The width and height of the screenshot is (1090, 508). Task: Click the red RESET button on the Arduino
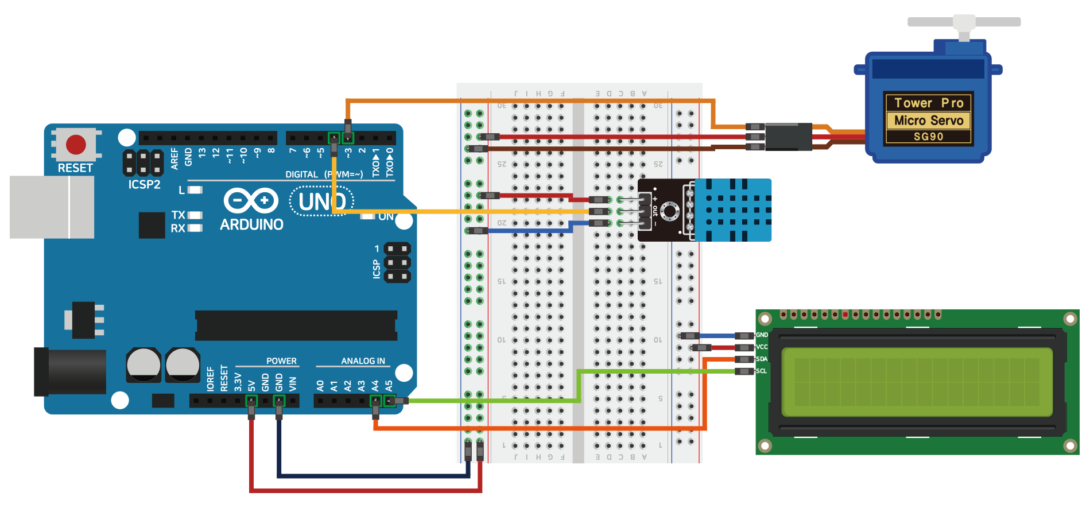click(x=76, y=144)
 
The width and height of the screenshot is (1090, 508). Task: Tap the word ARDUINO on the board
click(x=251, y=224)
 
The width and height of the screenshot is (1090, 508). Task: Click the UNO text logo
click(x=322, y=202)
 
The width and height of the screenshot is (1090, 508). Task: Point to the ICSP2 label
click(x=144, y=184)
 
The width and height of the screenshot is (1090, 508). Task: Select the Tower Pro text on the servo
click(x=928, y=103)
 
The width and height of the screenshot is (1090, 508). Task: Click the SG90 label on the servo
click(x=928, y=137)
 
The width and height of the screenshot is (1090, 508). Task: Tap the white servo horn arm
click(x=964, y=22)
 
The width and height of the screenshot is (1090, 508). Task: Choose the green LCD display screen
click(x=917, y=382)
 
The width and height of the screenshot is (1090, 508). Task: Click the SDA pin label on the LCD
click(x=762, y=359)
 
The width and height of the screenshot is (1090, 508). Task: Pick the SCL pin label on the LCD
click(x=762, y=371)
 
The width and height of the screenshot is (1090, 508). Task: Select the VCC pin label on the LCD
click(x=762, y=347)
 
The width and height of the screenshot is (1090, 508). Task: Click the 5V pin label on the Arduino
click(x=251, y=385)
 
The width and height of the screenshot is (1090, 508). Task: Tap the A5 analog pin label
click(x=389, y=385)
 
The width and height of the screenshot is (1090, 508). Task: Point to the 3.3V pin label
click(x=238, y=382)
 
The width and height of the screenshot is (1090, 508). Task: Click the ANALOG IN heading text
click(x=363, y=361)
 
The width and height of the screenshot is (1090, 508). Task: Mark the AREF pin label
click(x=174, y=158)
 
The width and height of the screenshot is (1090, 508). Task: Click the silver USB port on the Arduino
click(x=52, y=207)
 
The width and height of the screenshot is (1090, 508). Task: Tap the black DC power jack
click(x=70, y=372)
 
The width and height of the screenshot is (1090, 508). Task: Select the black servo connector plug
click(x=788, y=137)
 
